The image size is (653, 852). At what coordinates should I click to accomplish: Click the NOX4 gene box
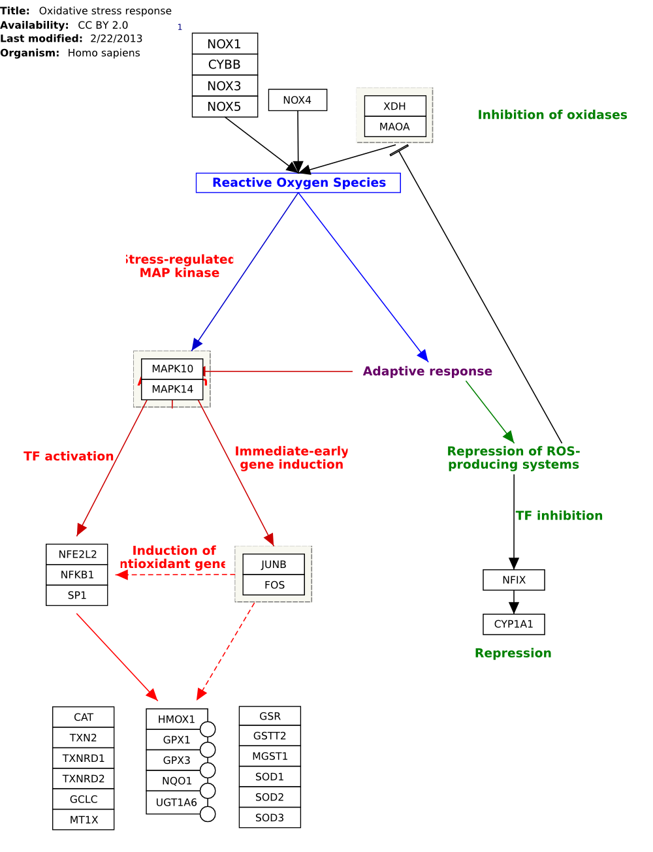click(297, 100)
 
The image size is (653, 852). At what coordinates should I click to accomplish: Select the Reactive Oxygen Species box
click(298, 183)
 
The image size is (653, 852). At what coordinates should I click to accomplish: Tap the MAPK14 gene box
click(172, 389)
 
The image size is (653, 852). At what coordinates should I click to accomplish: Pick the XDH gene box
click(394, 106)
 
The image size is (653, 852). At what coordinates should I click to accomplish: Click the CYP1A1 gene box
click(513, 624)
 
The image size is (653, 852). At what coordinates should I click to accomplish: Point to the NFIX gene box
click(513, 580)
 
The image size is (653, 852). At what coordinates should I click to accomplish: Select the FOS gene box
click(274, 585)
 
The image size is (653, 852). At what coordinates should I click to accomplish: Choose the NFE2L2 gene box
click(77, 554)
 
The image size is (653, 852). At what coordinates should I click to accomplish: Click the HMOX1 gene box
click(176, 719)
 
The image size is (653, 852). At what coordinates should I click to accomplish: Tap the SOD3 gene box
click(270, 817)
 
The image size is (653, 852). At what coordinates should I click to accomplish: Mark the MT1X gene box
click(84, 819)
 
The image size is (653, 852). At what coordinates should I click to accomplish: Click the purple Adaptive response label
click(427, 371)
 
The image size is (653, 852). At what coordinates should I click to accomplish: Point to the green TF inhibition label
click(559, 516)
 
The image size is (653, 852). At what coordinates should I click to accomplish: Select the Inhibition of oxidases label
click(552, 115)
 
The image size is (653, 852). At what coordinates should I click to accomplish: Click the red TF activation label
click(69, 456)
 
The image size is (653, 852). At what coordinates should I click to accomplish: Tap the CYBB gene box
click(225, 65)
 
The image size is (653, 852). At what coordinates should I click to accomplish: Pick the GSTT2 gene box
click(270, 736)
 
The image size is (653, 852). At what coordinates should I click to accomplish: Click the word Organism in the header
click(29, 53)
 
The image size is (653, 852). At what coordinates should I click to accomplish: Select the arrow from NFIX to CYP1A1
click(514, 602)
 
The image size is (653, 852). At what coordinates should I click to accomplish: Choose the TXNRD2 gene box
click(84, 778)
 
